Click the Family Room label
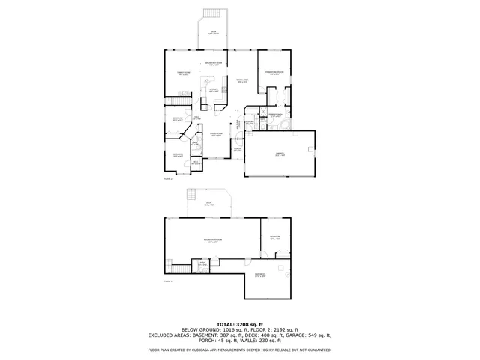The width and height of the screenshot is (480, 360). pos(182,73)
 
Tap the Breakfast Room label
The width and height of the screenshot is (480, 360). pos(214,63)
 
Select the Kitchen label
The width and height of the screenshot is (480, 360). pos(214,91)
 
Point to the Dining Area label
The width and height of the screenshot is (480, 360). pos(243,80)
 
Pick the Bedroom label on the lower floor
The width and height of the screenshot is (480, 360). pos(274,237)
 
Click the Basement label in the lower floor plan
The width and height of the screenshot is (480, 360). pos(260,274)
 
